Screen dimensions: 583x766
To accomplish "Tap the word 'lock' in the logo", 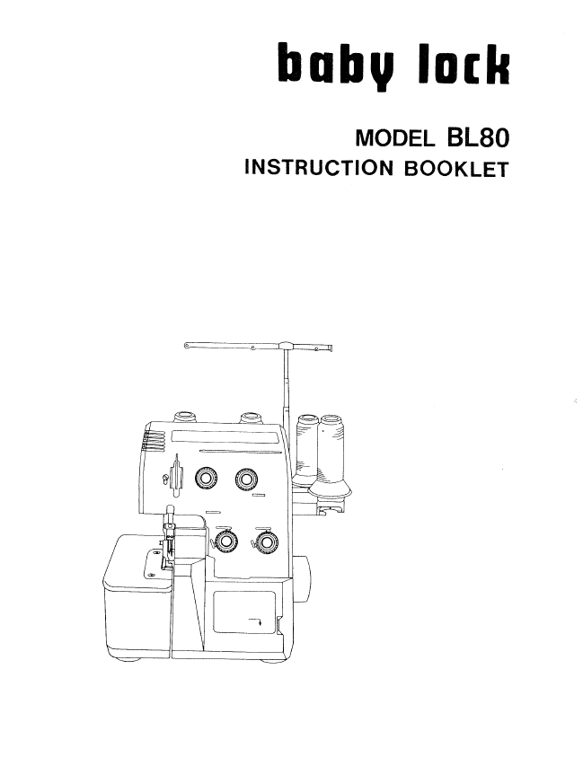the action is tap(463, 63).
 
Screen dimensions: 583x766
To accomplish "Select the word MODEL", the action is tap(395, 138).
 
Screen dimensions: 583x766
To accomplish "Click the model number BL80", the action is tap(477, 137).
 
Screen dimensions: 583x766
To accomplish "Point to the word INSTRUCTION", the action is tap(319, 168).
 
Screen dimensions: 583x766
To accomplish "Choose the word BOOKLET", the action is tap(457, 169).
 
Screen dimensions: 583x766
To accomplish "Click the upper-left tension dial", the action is tap(206, 477).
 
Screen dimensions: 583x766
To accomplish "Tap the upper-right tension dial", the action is tap(246, 479).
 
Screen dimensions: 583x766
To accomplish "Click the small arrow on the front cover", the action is tap(255, 621).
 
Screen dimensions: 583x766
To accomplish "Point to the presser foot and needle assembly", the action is tap(169, 537).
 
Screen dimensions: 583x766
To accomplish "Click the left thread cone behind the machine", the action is tap(307, 449).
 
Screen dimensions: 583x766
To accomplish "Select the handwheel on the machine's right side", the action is tap(302, 579).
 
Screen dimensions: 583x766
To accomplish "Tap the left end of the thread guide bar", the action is tap(186, 346).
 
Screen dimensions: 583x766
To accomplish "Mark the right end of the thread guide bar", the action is tap(331, 348).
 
